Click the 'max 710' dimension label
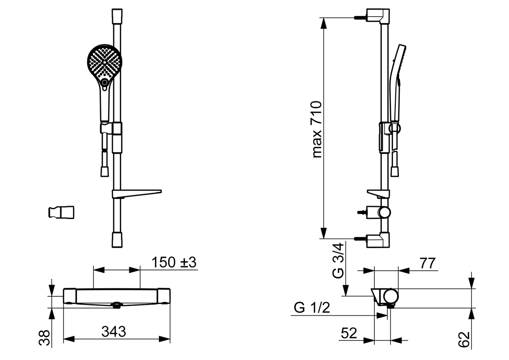(317, 130)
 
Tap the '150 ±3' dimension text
(174, 262)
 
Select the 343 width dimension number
(113, 331)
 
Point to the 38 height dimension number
(44, 338)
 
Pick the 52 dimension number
(349, 333)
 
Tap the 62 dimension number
(464, 339)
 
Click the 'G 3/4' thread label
(338, 261)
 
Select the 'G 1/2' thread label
(312, 308)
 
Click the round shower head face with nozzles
(105, 62)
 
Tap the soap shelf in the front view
(137, 193)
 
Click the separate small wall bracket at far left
(62, 213)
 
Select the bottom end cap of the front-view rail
(117, 240)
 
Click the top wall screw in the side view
(361, 17)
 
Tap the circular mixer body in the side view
(391, 296)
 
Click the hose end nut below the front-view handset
(105, 172)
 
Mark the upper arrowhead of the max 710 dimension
(323, 23)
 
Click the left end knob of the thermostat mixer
(70, 296)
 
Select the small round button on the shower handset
(105, 82)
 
